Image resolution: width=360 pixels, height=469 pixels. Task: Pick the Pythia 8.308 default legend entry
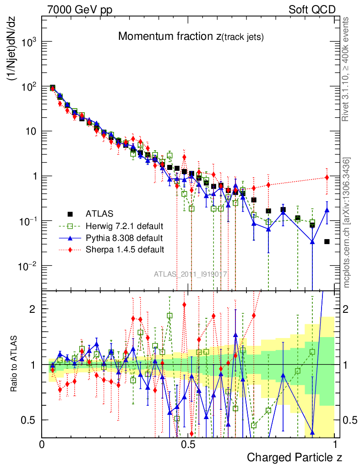point(124,238)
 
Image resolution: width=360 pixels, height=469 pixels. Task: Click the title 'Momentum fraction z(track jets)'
point(191,37)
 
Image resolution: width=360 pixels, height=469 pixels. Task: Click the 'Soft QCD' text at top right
point(312,10)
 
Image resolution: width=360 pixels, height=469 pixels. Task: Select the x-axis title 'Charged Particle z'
point(295,457)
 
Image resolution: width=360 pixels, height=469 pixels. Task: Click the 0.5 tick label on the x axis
point(188,445)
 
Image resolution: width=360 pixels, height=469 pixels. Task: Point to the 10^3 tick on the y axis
point(29,42)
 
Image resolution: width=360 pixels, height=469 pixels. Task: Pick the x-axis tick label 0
point(42,445)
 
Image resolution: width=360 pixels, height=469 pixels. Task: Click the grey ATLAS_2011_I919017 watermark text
point(191,274)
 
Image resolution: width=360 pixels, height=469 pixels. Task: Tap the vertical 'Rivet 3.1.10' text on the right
point(346,69)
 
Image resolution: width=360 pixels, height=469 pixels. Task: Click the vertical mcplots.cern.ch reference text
point(347,222)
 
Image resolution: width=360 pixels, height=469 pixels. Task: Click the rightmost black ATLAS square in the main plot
point(327,241)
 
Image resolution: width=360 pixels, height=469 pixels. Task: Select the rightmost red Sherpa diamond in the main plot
point(327,177)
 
